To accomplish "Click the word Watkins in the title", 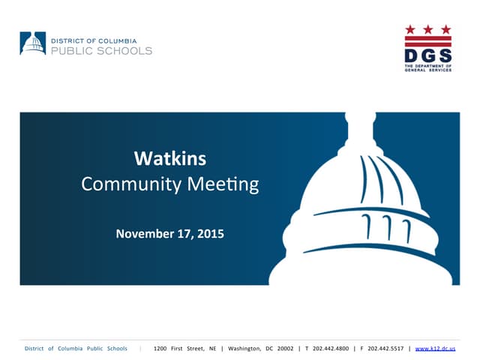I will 169,159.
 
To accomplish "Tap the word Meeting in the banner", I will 222,184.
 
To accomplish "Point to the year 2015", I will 209,234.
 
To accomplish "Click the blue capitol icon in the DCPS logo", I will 32,43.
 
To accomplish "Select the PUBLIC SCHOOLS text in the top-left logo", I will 101,51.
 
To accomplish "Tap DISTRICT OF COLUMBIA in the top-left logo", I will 98,38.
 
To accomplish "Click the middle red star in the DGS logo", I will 428,29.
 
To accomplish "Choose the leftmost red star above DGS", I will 410,29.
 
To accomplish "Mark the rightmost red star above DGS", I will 446,29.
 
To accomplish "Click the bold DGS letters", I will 428,55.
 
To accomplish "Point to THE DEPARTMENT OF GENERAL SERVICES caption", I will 428,69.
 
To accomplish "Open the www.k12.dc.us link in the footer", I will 435,349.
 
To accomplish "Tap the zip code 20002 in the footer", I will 285,349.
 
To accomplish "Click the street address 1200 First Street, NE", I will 184,349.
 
